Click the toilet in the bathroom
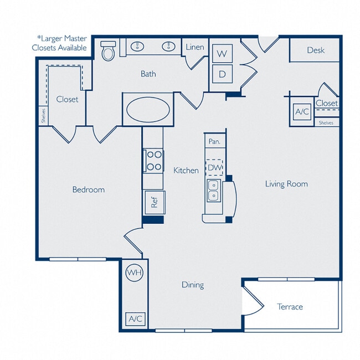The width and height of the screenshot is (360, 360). [109, 52]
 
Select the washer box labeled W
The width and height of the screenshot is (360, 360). [222, 54]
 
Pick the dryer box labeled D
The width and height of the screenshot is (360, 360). [222, 74]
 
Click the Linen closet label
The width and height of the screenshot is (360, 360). [194, 48]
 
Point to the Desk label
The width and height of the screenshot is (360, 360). [315, 50]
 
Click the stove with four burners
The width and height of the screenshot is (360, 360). [154, 161]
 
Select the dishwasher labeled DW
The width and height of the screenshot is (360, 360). [214, 167]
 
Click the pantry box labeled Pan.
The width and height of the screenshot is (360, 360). [214, 142]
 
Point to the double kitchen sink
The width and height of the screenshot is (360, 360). [213, 190]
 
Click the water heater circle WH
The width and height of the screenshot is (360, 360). [133, 272]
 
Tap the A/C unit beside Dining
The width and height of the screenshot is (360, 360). [135, 319]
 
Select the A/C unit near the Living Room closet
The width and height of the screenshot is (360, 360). [302, 111]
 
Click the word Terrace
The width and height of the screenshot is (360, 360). [290, 306]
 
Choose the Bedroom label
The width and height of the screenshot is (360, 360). [88, 189]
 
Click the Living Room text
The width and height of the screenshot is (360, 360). [286, 184]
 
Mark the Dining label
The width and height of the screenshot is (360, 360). [193, 285]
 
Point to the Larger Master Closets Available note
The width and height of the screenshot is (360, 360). [62, 43]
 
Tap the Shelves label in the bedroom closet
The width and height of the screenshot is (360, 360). [43, 116]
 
